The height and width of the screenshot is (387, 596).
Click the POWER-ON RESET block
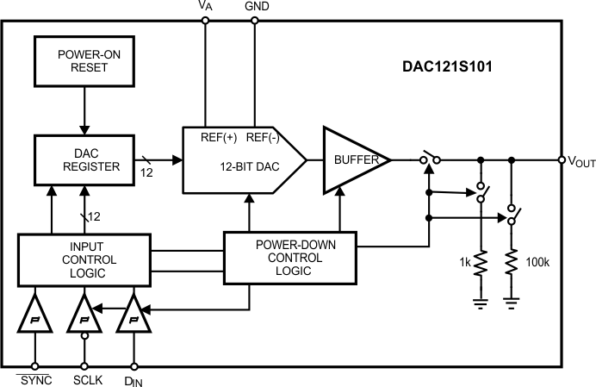84,60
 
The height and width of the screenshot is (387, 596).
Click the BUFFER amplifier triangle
351,159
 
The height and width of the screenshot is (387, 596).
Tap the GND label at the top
256,6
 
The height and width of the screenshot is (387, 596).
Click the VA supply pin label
205,6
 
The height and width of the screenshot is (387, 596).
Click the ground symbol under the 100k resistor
512,302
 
